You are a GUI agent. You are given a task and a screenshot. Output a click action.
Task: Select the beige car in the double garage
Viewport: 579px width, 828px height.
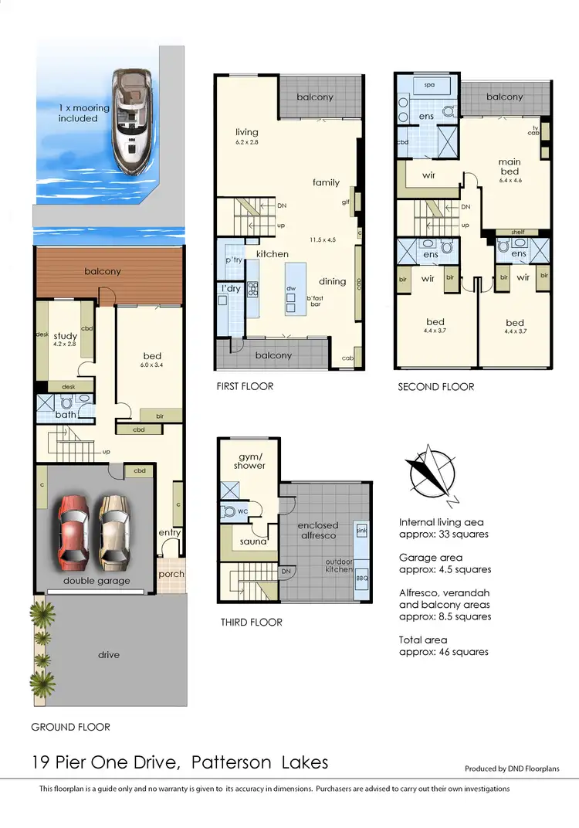pyautogui.click(x=113, y=531)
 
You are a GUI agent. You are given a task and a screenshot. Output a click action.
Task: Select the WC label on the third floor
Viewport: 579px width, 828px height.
pyautogui.click(x=242, y=511)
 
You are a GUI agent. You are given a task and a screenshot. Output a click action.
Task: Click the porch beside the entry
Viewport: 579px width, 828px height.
pyautogui.click(x=171, y=575)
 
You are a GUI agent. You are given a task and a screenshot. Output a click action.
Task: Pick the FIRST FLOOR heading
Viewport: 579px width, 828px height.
pyautogui.click(x=245, y=386)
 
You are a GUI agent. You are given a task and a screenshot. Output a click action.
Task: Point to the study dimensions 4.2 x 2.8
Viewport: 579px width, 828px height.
pyautogui.click(x=66, y=346)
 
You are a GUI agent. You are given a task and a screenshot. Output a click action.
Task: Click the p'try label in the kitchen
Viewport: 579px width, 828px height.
pyautogui.click(x=234, y=260)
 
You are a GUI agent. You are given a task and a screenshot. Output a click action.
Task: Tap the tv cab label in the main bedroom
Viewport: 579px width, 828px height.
pyautogui.click(x=534, y=130)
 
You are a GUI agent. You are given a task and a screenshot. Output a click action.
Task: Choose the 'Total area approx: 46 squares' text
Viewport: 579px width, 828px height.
pyautogui.click(x=443, y=646)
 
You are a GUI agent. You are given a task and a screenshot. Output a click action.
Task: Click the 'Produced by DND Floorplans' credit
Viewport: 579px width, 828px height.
pyautogui.click(x=512, y=769)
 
